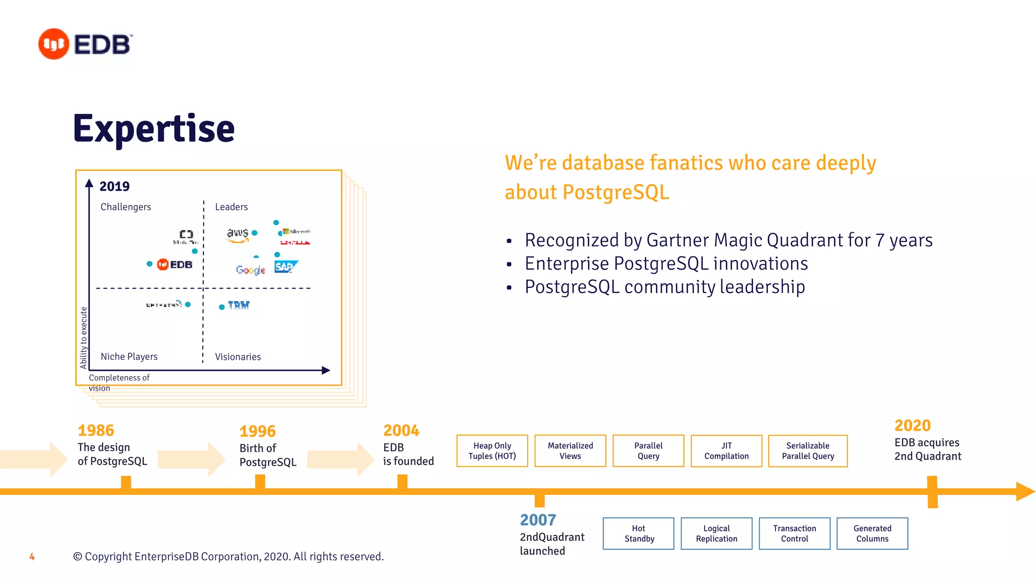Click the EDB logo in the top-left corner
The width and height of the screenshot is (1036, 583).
coord(85,44)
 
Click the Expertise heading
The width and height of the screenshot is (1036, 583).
coord(154,129)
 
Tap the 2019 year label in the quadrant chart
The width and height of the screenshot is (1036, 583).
coord(114,186)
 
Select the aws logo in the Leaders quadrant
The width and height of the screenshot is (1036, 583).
coord(238,234)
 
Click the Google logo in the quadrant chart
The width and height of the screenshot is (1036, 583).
coord(250,270)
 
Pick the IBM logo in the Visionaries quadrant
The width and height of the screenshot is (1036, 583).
coord(238,305)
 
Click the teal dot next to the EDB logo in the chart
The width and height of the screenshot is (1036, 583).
coord(149,264)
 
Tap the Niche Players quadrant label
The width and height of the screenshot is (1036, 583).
coord(129,357)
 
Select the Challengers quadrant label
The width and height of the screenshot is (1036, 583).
coord(125,207)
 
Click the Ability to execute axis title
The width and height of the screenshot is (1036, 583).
coord(84,338)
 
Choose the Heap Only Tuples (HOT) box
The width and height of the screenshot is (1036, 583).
coord(492,450)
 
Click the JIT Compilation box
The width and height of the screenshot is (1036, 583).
coord(726,450)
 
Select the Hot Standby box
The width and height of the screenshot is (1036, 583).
coord(638,533)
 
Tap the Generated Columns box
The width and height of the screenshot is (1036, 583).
coord(872,533)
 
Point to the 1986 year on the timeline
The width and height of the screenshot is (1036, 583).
coord(96,431)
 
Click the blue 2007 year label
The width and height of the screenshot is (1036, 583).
coord(538,520)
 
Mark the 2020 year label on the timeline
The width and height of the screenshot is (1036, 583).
coord(912,426)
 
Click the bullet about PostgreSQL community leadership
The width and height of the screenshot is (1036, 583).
coord(664,287)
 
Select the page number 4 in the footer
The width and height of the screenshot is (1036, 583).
coord(32,557)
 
